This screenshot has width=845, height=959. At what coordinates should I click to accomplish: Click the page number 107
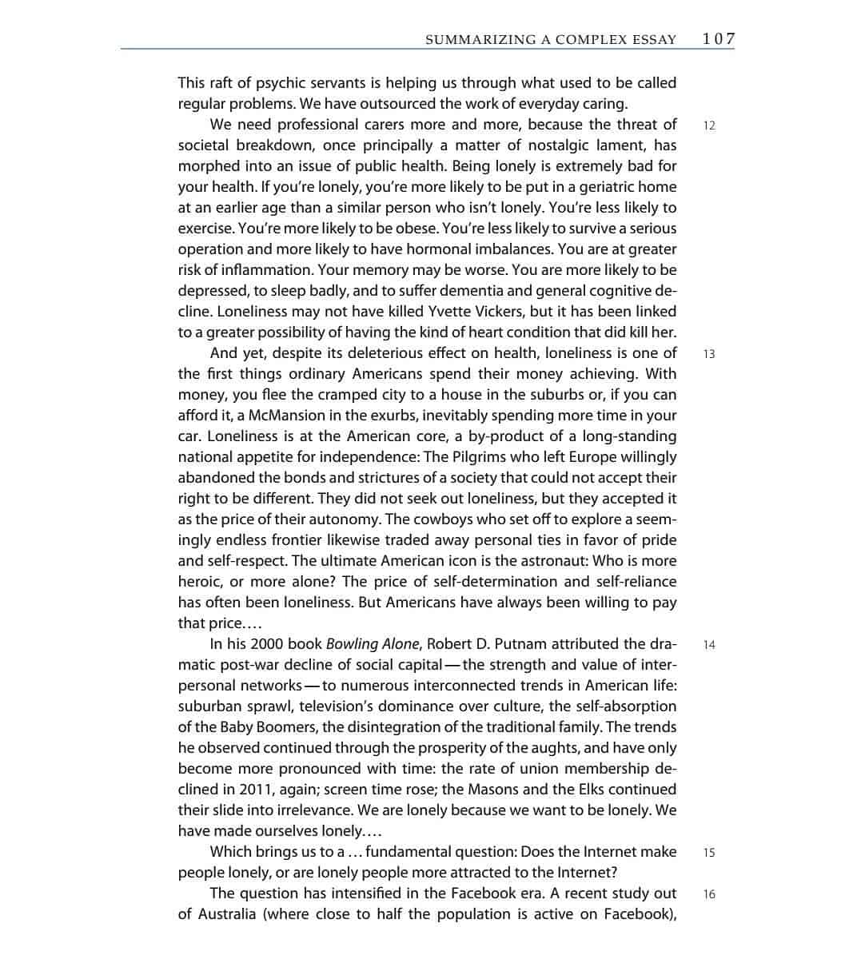click(718, 39)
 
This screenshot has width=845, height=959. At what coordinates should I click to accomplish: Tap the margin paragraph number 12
click(709, 125)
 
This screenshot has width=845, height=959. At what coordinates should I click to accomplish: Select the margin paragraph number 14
click(709, 645)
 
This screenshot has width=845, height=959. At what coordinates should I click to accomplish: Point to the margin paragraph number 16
click(709, 894)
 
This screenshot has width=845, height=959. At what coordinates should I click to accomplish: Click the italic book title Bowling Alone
click(373, 644)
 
